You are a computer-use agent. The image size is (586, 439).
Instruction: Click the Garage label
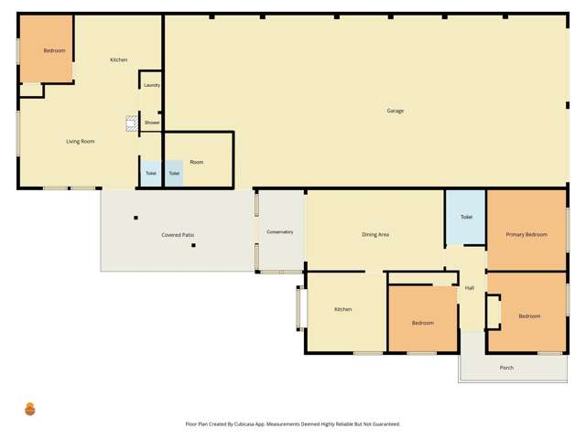[395, 111]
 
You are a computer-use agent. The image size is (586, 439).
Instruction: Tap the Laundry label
[152, 85]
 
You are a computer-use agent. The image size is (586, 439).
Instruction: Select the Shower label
[152, 122]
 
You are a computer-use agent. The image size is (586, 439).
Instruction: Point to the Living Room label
[80, 141]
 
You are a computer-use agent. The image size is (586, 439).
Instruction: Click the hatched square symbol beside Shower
[132, 122]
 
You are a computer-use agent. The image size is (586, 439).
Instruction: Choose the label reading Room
[197, 162]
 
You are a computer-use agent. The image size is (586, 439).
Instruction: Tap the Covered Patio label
[178, 235]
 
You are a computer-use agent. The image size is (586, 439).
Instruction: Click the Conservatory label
[279, 231]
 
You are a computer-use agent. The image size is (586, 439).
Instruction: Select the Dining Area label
[375, 235]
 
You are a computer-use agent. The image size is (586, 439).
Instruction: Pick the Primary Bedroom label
[526, 235]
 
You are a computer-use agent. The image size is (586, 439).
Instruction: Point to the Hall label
[470, 288]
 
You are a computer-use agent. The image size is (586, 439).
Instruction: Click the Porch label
[506, 368]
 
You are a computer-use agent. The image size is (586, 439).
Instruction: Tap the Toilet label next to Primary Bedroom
[466, 217]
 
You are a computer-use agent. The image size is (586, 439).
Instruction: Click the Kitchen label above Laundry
[119, 59]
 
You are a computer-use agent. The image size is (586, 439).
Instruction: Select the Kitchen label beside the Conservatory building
[342, 309]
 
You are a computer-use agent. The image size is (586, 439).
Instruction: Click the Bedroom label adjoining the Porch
[529, 316]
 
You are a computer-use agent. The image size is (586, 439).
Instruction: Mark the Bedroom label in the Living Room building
[43, 51]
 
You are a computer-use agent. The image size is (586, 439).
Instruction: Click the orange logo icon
[30, 409]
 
